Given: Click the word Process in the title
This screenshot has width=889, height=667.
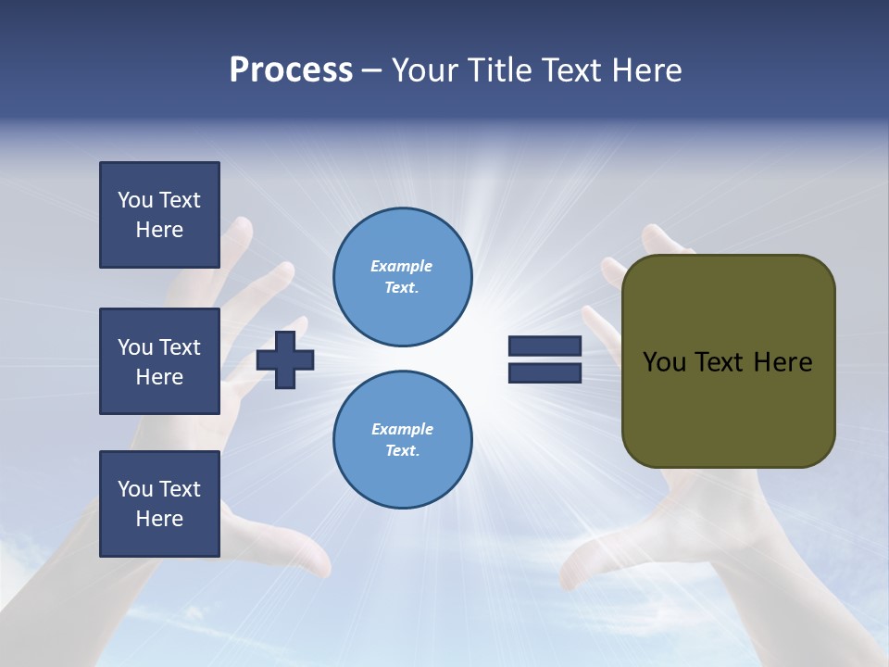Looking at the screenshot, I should (x=291, y=70).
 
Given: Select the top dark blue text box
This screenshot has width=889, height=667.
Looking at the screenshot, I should (x=159, y=215).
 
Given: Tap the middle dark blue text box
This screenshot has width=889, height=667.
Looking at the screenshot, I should (x=159, y=361).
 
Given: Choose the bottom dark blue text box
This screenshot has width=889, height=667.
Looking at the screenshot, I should (x=159, y=504).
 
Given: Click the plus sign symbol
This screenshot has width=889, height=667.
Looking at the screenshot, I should (x=285, y=359).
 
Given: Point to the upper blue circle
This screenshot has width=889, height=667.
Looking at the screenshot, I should (x=402, y=276).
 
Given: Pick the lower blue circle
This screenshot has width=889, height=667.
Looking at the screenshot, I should (x=402, y=439).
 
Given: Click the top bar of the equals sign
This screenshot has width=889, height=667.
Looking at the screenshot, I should (x=545, y=346).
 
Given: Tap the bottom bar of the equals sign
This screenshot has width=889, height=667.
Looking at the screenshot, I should (x=545, y=373).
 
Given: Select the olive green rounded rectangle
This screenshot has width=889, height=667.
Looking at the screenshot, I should (x=728, y=408).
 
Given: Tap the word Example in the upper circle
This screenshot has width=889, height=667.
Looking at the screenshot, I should (x=401, y=266).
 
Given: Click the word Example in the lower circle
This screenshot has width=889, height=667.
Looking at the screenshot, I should (x=402, y=429).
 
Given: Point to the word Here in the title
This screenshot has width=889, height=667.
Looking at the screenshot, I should (x=645, y=70).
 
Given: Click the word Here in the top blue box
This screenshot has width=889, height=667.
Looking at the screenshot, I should (x=159, y=230).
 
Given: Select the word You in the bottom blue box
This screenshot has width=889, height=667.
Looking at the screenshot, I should (x=135, y=489).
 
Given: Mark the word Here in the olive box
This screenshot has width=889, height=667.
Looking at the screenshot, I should (x=783, y=362).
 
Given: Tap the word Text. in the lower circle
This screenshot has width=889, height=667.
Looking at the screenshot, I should (x=402, y=450).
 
